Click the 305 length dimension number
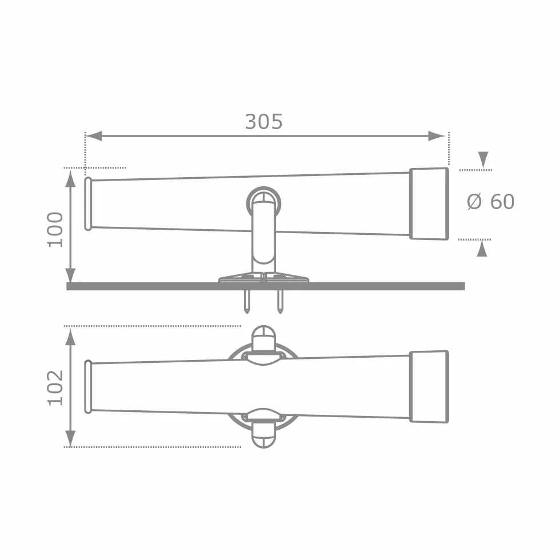(263, 122)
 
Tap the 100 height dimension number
(55, 229)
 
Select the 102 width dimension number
(55, 387)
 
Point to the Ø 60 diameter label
(491, 201)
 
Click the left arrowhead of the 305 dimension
(94, 136)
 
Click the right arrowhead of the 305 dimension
(437, 136)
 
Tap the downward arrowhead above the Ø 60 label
(483, 159)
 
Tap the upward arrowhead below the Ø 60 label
(482, 248)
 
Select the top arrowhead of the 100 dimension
(71, 178)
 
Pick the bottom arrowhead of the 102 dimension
(71, 438)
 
